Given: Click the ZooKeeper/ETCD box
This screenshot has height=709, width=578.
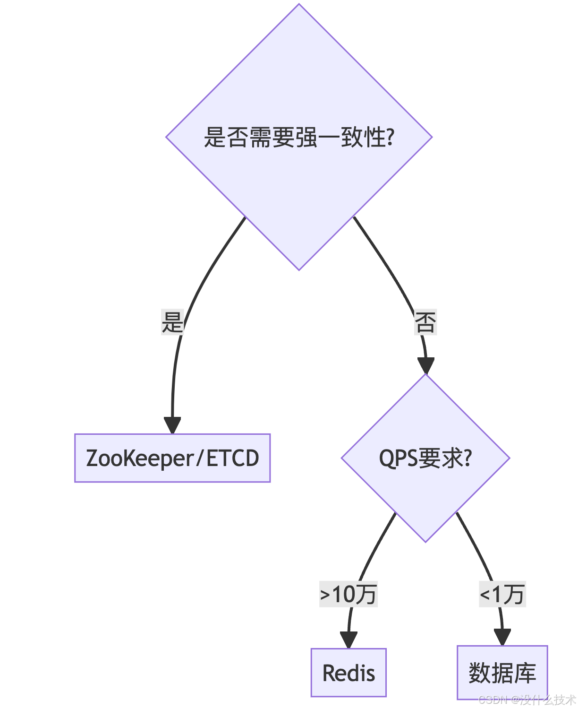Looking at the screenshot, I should click(172, 458).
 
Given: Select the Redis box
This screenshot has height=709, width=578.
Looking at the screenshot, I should click(348, 673).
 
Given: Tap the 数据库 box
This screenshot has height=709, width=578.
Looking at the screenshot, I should click(502, 673).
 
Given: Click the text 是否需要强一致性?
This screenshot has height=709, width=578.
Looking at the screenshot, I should click(299, 138).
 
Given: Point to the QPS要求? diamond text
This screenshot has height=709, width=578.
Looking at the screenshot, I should click(425, 458).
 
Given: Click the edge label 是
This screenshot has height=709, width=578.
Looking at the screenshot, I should click(172, 322).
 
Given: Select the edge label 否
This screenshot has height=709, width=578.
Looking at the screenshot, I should click(425, 322).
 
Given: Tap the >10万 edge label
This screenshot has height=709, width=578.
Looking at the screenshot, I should click(348, 594).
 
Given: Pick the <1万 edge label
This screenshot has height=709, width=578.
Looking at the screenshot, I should click(502, 594).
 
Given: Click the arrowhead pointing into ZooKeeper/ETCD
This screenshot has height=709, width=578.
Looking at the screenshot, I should click(172, 425).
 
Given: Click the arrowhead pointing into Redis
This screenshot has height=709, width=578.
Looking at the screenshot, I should click(348, 640).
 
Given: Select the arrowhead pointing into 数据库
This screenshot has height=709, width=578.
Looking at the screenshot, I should click(502, 637).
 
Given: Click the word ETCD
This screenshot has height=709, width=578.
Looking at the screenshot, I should click(233, 458).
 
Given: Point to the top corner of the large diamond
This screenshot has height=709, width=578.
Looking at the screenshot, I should click(299, 5).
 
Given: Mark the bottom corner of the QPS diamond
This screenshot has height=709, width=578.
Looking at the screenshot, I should click(425, 541).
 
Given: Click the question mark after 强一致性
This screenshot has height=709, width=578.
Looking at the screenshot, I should click(390, 138).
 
